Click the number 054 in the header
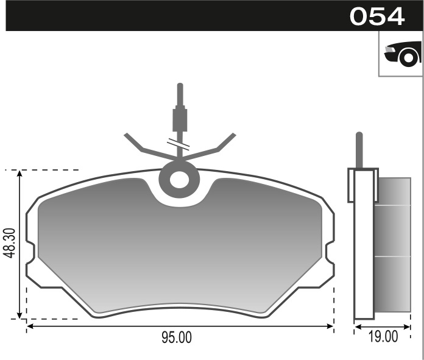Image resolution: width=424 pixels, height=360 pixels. pos(377,16)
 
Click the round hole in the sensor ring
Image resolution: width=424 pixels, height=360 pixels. pos(180,180)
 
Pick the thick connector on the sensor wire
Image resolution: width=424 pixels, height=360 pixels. pos(180,119)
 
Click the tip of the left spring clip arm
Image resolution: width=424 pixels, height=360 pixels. pos(127,134)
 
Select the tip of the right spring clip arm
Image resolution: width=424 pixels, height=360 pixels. pos(233,134)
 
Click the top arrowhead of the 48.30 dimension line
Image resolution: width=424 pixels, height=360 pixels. pos(20,174)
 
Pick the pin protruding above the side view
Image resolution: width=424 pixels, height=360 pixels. pos(359,149)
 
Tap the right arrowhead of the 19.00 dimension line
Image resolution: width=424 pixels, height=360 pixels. pos(408,327)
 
